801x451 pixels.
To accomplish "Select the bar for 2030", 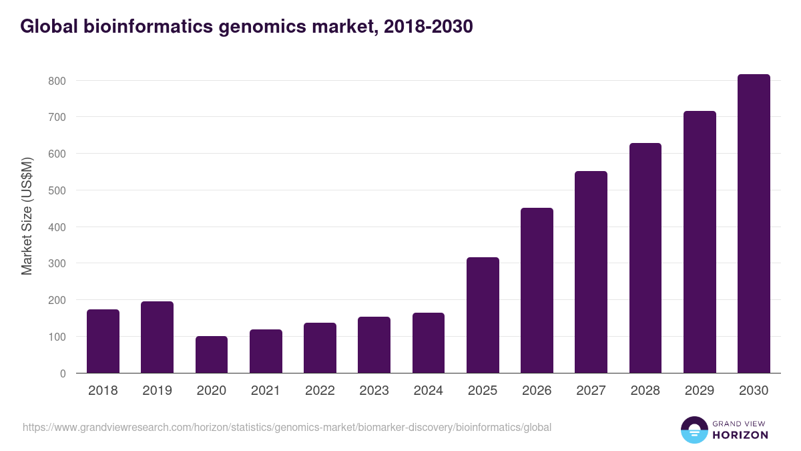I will click(x=754, y=224).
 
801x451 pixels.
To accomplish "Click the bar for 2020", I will click(x=212, y=355).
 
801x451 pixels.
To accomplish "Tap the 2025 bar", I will click(x=483, y=315).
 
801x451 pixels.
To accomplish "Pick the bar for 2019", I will click(x=157, y=337).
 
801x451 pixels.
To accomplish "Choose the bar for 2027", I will click(x=591, y=272).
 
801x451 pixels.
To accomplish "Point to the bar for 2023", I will click(x=374, y=345).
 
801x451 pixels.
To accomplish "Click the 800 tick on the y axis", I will click(x=57, y=81).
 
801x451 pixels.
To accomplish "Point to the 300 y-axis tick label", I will click(x=57, y=264).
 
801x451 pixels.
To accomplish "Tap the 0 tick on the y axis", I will click(x=63, y=373).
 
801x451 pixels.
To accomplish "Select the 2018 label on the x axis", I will click(x=103, y=391).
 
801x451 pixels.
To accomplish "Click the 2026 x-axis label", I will click(x=537, y=391).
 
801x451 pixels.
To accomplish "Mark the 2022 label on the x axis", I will click(x=320, y=391).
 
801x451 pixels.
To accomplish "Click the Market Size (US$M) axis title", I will click(x=27, y=216).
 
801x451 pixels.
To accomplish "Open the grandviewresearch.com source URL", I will click(x=287, y=427).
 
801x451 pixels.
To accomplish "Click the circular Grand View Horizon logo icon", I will click(x=694, y=430).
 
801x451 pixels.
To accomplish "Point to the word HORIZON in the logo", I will click(x=740, y=435).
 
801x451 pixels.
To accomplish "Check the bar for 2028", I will click(x=645, y=258).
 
